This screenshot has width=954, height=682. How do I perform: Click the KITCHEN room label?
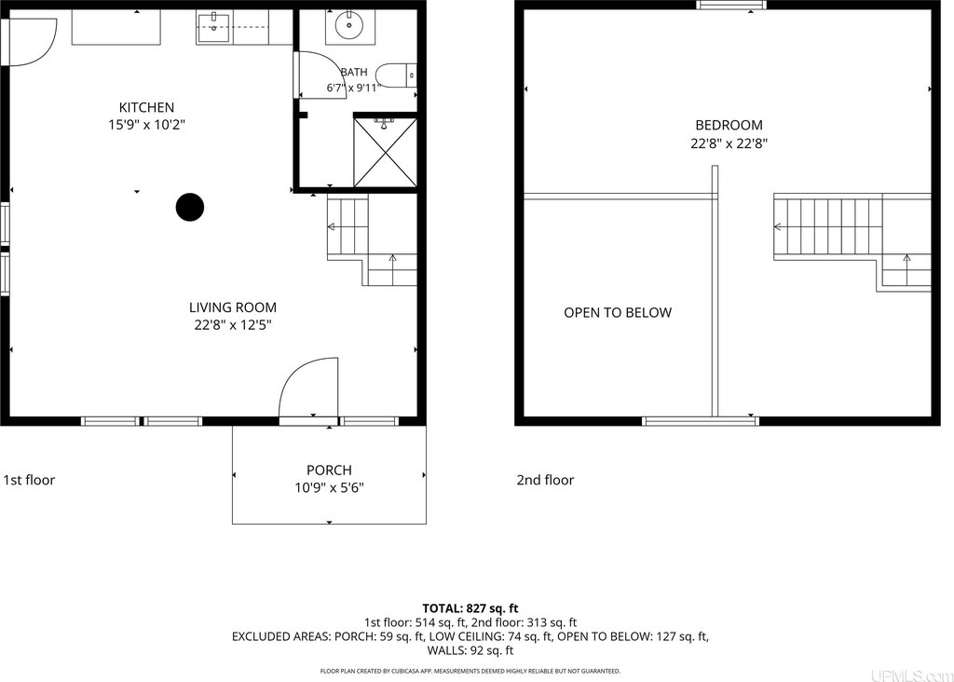click(146, 108)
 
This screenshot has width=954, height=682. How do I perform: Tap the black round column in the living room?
click(190, 208)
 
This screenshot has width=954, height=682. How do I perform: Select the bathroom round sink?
click(348, 25)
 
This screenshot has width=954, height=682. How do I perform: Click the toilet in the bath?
click(396, 75)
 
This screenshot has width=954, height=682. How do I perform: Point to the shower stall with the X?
click(385, 153)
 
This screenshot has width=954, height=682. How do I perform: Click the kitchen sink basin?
click(213, 27)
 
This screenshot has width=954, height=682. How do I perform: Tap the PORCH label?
click(329, 471)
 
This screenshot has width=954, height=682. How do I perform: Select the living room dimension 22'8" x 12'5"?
click(232, 325)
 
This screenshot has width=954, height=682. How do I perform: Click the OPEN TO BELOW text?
click(618, 313)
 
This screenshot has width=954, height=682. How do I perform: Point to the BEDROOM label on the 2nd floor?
click(729, 126)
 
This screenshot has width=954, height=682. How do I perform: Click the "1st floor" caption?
click(29, 480)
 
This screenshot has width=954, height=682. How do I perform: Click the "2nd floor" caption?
click(545, 480)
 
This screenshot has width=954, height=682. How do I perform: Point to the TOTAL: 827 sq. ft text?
click(470, 608)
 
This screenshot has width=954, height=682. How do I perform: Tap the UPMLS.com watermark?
click(911, 675)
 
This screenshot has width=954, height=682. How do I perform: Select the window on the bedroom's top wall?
click(731, 5)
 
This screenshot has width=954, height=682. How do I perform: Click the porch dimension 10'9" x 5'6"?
click(329, 488)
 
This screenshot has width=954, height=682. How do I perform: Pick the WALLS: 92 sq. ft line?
click(470, 650)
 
